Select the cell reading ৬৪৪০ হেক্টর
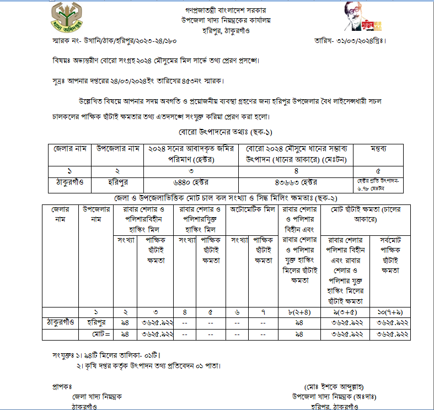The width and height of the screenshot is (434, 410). (194, 182)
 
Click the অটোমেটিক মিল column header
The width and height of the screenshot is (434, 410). (252, 210)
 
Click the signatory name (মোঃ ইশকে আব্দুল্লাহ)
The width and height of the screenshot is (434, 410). (334, 386)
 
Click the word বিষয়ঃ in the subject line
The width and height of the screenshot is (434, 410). (61, 60)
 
